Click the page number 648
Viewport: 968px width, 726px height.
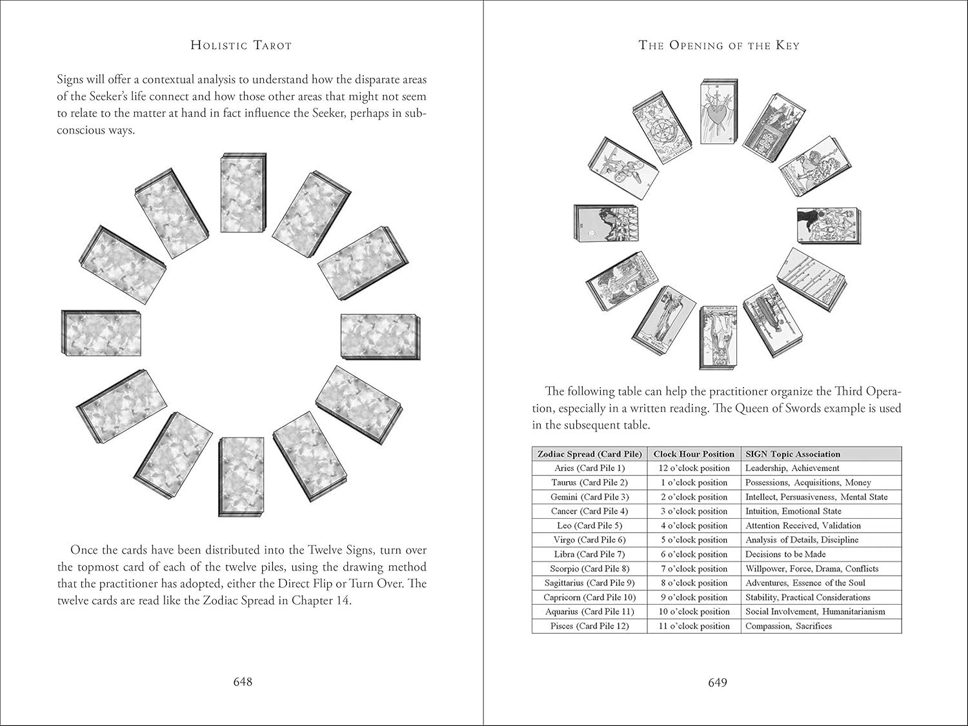tap(243, 682)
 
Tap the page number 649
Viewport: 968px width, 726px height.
tap(718, 682)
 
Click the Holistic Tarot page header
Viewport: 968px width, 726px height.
tap(241, 45)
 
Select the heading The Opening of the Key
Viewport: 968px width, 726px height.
tap(718, 45)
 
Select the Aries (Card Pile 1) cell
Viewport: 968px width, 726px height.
tap(589, 468)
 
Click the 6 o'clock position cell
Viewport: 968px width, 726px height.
tap(694, 554)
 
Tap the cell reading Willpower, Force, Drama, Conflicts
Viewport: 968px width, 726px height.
tap(812, 569)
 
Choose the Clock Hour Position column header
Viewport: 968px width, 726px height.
tap(694, 454)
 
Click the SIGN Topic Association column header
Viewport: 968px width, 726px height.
tap(792, 454)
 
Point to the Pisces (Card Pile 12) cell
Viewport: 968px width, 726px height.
tap(589, 626)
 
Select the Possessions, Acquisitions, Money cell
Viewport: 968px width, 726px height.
tap(808, 482)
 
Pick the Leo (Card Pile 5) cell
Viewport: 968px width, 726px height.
tap(589, 525)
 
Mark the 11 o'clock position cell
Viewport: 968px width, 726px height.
tap(694, 626)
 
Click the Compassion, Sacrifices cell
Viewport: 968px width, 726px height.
tap(789, 626)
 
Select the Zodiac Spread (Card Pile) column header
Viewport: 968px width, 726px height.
tap(589, 454)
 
